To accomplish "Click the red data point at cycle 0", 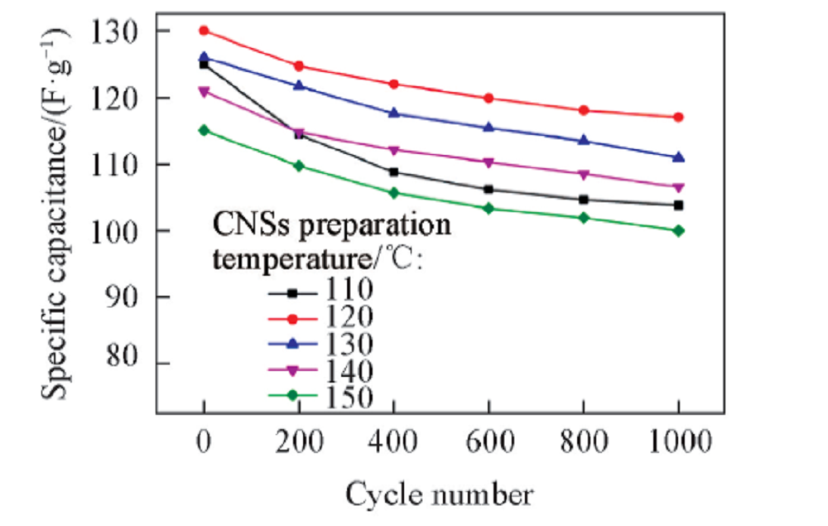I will click(204, 31).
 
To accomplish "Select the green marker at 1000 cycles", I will click(679, 230).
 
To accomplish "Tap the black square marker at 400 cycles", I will click(393, 172).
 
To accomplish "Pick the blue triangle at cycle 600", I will click(489, 128).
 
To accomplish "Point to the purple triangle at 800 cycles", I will click(584, 174).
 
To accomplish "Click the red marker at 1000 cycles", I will click(679, 117).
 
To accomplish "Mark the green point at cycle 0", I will click(204, 130).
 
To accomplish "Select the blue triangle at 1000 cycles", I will click(679, 157).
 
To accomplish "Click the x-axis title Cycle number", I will click(439, 495).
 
